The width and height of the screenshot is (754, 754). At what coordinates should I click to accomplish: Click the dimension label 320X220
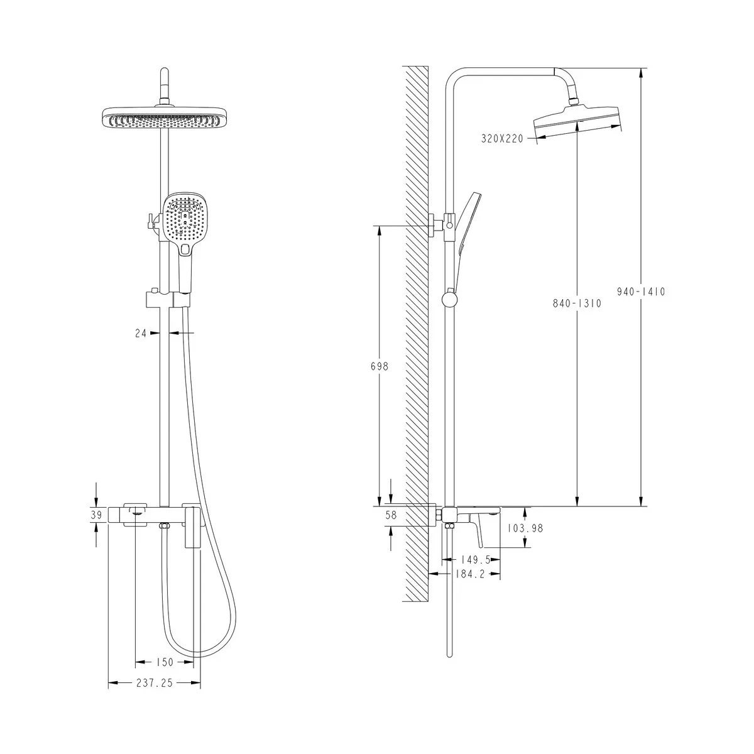pyautogui.click(x=502, y=138)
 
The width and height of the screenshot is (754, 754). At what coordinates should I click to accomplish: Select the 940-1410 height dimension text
pyautogui.click(x=641, y=292)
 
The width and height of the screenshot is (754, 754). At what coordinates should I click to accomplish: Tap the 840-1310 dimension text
pyautogui.click(x=577, y=303)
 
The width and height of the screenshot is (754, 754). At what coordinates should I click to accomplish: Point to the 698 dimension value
pyautogui.click(x=380, y=366)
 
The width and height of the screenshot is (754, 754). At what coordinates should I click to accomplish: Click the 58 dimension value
pyautogui.click(x=391, y=515)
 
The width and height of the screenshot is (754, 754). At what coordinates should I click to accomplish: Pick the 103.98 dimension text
pyautogui.click(x=525, y=528)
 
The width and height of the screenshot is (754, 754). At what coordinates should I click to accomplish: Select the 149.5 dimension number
pyautogui.click(x=476, y=560)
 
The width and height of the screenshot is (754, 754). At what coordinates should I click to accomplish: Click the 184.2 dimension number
pyautogui.click(x=471, y=574)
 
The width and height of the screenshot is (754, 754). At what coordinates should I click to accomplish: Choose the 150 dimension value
pyautogui.click(x=165, y=662)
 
